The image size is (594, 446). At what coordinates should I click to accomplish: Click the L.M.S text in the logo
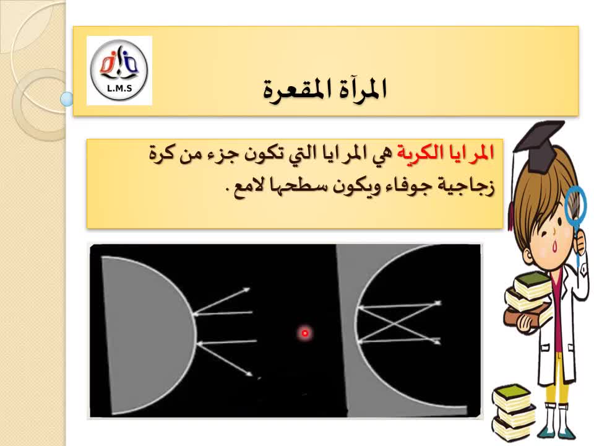pos(119,89)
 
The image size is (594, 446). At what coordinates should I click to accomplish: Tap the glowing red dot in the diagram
pos(305,333)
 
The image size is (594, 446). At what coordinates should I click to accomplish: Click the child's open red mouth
pos(556,246)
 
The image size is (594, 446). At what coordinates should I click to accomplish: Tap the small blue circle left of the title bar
pos(67,99)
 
